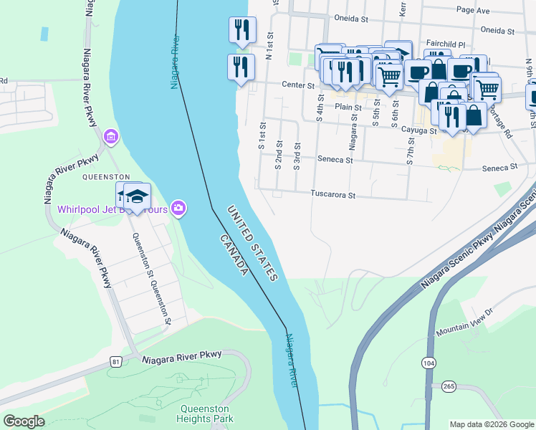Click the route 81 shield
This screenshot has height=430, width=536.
point(116,363)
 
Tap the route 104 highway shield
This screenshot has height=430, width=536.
point(429,363)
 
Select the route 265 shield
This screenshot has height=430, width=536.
point(449,386)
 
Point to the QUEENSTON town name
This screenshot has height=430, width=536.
point(105,176)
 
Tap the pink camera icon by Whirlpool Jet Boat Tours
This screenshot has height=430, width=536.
point(178,209)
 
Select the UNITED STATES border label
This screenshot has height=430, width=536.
point(252,243)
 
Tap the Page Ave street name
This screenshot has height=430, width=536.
point(473,11)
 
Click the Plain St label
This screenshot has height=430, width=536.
point(348,107)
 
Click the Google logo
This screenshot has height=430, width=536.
point(24,421)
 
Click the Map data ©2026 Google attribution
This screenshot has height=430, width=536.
point(491,424)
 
